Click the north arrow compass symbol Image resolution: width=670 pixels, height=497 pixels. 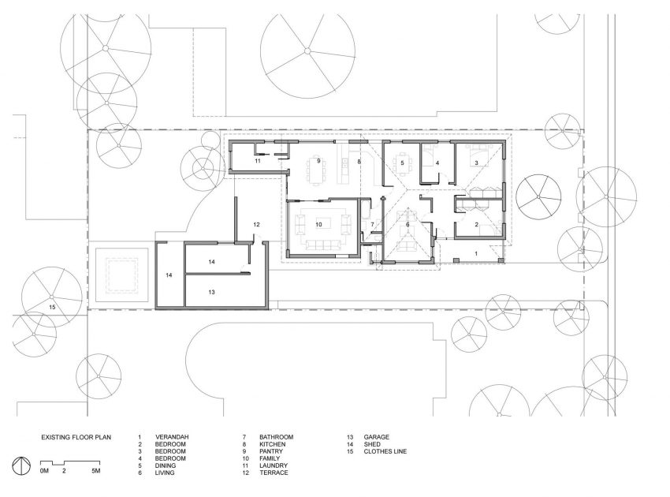coord(21,465)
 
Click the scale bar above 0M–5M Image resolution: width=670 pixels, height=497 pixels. coord(70,463)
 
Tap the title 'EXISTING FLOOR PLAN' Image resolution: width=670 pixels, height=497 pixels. coord(76,437)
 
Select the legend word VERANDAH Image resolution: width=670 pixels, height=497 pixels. coord(172,437)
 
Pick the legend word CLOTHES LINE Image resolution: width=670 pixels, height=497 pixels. coord(385,451)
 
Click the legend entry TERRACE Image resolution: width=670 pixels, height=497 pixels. coord(274,473)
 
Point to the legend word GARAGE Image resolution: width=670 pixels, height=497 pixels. coord(377,437)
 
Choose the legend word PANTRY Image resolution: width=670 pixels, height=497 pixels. coord(271,451)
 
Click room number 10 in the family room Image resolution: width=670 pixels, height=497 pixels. coord(318,224)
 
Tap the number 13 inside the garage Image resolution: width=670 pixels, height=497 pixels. coord(211,292)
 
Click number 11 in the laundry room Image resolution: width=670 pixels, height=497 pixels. coord(257,161)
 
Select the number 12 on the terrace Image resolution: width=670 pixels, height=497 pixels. coord(256,224)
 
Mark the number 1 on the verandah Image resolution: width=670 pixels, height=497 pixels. coord(476,254)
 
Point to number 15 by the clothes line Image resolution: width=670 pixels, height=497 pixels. coord(52,307)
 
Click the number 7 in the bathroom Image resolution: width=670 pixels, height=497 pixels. coord(372,224)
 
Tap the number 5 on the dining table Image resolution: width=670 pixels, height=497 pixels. coord(402,163)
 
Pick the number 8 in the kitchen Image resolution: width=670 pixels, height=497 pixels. coord(359,161)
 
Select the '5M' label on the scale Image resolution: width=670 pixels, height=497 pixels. coord(96,471)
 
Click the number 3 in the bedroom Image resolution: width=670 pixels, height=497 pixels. coord(476,163)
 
